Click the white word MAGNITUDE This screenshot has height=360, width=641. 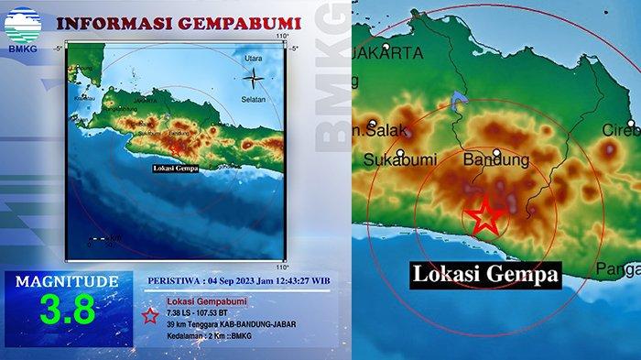pyautogui.click(x=66, y=280)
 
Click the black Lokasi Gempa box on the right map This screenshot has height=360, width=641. pyautogui.click(x=485, y=273)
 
